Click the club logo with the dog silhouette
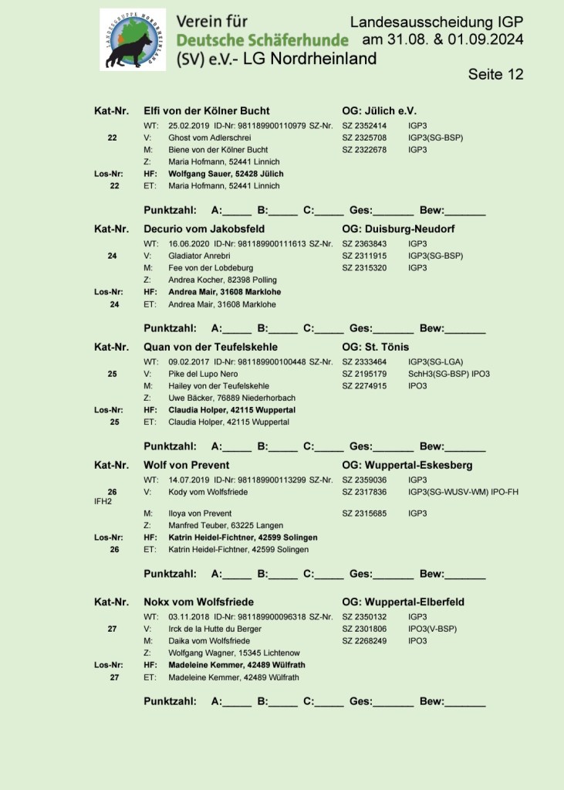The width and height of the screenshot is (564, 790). [x=132, y=40]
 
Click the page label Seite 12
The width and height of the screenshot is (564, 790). [x=495, y=74]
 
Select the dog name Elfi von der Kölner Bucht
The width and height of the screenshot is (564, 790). [x=207, y=111]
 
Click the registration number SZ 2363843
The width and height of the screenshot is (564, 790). [x=365, y=243]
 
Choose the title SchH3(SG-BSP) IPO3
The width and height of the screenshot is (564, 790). [x=449, y=374]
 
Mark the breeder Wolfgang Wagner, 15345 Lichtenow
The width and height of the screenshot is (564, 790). [x=229, y=653]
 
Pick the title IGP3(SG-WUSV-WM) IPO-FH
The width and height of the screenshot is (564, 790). [x=464, y=491]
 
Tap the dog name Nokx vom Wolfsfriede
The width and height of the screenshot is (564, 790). [x=199, y=602]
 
